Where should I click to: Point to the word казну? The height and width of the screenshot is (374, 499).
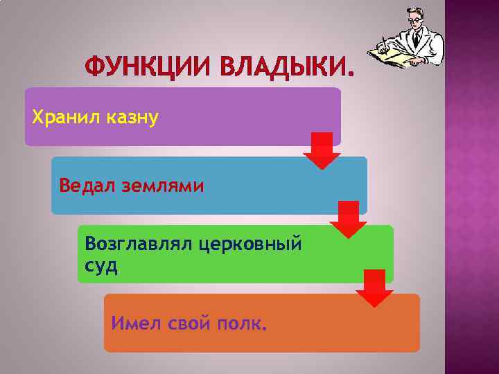[x=133, y=117]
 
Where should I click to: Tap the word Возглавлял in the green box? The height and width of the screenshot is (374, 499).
[x=139, y=244]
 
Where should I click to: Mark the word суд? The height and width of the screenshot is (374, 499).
[x=101, y=266]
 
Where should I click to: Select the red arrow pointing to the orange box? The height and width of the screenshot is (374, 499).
[x=374, y=288]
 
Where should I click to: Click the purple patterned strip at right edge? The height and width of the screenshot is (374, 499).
[x=472, y=187]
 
